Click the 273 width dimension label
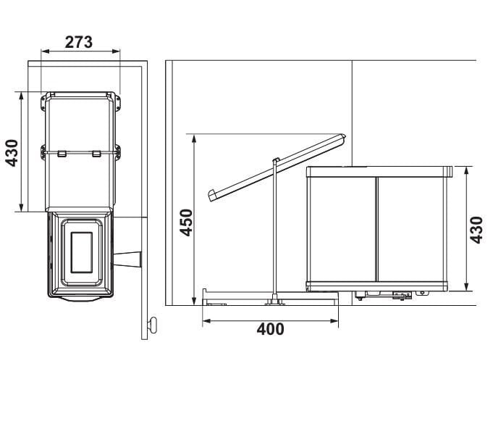(x=79, y=42)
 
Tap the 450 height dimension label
(x=186, y=222)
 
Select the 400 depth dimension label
(x=271, y=329)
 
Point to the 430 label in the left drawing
(x=12, y=153)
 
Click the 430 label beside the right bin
(x=476, y=230)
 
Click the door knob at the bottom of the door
(x=152, y=325)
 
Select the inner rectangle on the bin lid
(x=82, y=252)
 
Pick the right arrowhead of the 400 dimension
(x=334, y=321)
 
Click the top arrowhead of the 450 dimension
(x=194, y=138)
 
